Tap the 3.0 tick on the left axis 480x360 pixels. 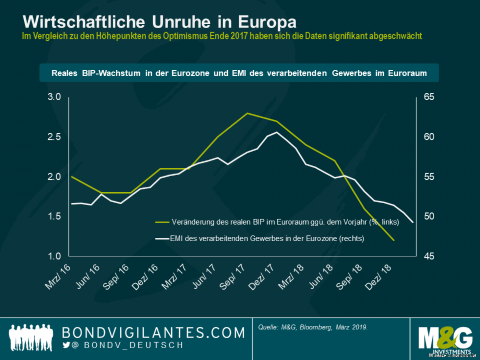[55, 97]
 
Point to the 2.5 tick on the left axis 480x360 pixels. [55, 137]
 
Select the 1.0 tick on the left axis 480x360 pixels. [55, 256]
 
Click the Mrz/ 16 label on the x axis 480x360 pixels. [58, 278]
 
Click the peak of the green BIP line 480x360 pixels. [247, 113]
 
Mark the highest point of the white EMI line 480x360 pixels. [276, 132]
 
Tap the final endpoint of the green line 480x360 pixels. [394, 240]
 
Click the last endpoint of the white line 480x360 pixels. [413, 222]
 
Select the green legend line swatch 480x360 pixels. [162, 222]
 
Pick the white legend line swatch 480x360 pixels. [162, 238]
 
